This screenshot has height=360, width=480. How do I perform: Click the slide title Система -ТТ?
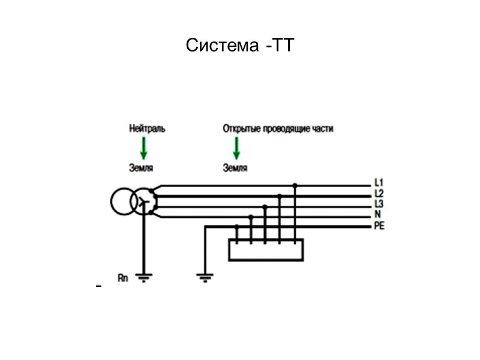tap(239, 46)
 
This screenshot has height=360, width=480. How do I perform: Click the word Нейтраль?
tap(146, 128)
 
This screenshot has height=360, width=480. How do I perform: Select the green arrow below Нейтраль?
tap(144, 148)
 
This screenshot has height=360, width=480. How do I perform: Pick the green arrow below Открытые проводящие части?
tap(236, 148)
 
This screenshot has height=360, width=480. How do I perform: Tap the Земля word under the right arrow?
tap(235, 169)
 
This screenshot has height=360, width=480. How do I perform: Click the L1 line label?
tap(379, 182)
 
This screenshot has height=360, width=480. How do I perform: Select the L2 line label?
tap(379, 193)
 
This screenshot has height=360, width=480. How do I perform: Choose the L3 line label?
tap(379, 204)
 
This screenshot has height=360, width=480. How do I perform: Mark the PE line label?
tap(379, 226)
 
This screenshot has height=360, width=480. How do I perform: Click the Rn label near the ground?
tap(123, 277)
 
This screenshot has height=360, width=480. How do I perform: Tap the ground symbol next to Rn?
tap(144, 277)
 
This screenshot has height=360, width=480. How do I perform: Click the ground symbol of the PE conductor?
tap(205, 277)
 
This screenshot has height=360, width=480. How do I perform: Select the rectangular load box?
tap(266, 250)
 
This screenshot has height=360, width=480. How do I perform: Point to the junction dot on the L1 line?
tap(295, 185)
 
